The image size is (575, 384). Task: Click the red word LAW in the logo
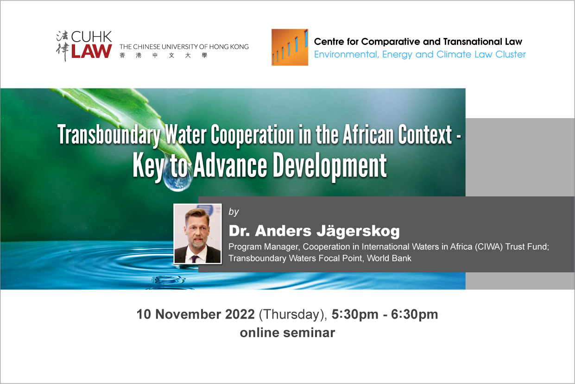coord(91,51)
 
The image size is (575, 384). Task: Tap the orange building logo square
coord(290,47)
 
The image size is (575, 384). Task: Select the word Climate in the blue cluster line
coord(454,54)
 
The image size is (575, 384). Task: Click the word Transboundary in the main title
coord(109,135)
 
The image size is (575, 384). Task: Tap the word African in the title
coord(368,134)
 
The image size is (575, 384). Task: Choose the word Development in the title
coord(329,166)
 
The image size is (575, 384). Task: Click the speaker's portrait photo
coord(198,233)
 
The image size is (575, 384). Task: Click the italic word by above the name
coord(234,212)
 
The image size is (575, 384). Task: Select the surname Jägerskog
coord(358,231)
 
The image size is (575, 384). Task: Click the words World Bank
coord(389,258)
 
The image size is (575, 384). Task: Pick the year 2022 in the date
coord(240,314)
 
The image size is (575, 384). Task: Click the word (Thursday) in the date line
coord(293,315)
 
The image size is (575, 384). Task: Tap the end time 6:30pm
coord(414,315)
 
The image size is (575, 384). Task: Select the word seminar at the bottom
coord(309,333)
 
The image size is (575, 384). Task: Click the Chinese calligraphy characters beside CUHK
coord(63,46)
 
